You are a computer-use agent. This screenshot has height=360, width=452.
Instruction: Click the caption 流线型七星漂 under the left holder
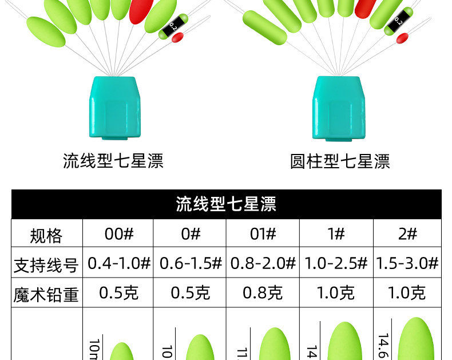point(113,161)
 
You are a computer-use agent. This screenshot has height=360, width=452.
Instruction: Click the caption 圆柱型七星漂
point(340,161)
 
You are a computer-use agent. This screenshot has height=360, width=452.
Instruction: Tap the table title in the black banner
point(226,204)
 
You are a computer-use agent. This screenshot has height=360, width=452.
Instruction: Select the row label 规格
point(46,235)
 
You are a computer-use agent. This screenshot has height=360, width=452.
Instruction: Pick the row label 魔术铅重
point(46,294)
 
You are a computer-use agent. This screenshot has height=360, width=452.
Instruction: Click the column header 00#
point(119,234)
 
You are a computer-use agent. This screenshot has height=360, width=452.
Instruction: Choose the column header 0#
point(190,234)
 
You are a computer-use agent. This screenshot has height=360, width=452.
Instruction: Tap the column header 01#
point(263,234)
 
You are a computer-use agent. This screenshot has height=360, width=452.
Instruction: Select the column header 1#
point(336,234)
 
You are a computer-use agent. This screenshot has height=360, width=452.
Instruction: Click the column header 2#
point(407,234)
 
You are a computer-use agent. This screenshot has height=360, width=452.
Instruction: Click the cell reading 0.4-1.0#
point(119,264)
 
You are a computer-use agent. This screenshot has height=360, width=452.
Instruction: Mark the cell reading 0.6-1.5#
point(191,264)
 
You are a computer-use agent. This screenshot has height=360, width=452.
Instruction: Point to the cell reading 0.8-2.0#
point(263,264)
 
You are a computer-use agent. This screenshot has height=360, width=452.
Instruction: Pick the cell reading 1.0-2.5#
point(336,264)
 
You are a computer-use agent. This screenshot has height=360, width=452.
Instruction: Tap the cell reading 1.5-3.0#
point(407,264)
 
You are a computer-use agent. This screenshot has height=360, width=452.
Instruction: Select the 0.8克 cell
point(263,294)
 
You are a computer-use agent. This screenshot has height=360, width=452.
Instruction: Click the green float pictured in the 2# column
point(417,341)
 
